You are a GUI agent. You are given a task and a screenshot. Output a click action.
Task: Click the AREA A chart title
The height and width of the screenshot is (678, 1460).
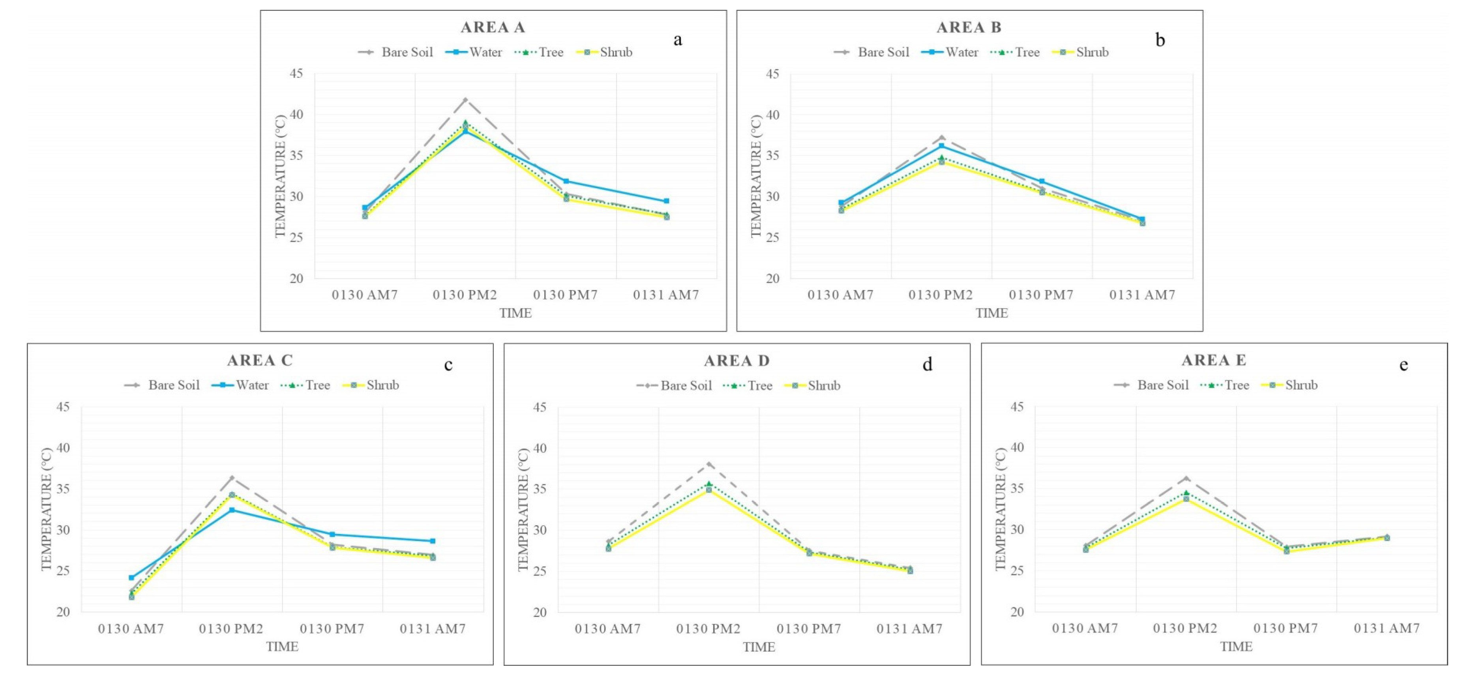pyautogui.click(x=493, y=27)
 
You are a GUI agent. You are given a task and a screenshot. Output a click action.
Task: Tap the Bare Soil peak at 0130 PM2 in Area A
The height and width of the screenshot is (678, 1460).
pyautogui.click(x=465, y=100)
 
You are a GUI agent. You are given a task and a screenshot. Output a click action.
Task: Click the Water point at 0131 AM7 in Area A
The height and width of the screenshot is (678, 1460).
pyautogui.click(x=667, y=201)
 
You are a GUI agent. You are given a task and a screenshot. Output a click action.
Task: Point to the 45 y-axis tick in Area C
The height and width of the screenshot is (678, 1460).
pyautogui.click(x=63, y=407)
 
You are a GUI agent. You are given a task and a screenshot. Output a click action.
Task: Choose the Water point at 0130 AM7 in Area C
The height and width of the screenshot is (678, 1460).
pyautogui.click(x=131, y=578)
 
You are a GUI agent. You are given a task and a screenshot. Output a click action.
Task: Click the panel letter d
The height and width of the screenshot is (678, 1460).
pyautogui.click(x=927, y=364)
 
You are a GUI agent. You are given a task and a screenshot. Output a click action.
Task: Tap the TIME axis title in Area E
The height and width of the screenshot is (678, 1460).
pyautogui.click(x=1236, y=646)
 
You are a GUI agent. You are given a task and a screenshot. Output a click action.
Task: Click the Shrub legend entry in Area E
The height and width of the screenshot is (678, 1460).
pyautogui.click(x=1289, y=385)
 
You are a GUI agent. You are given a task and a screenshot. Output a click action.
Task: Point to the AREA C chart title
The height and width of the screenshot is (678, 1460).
pyautogui.click(x=260, y=360)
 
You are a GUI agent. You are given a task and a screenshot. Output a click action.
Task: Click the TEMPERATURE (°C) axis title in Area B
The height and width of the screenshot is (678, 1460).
pyautogui.click(x=756, y=176)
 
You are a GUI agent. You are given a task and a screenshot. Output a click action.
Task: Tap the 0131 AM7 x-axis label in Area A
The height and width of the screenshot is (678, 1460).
pyautogui.click(x=666, y=295)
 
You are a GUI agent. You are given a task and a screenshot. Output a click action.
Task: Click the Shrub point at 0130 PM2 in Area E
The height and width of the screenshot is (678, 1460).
pyautogui.click(x=1186, y=499)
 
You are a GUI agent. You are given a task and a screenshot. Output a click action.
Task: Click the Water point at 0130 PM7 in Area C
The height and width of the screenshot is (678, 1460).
pyautogui.click(x=333, y=534)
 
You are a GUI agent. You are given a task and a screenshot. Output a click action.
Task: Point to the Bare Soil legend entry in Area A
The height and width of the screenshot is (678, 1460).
pyautogui.click(x=395, y=52)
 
